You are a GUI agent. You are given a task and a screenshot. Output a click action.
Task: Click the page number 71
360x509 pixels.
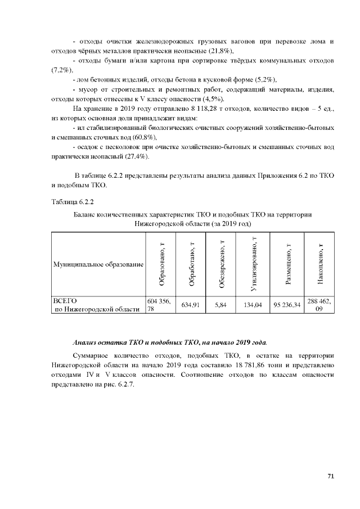(331, 476)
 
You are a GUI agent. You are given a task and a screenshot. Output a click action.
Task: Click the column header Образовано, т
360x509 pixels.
(161, 263)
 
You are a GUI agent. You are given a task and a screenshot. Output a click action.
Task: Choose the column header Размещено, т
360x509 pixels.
(287, 263)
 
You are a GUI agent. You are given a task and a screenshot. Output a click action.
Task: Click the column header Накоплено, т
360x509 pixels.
(319, 263)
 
